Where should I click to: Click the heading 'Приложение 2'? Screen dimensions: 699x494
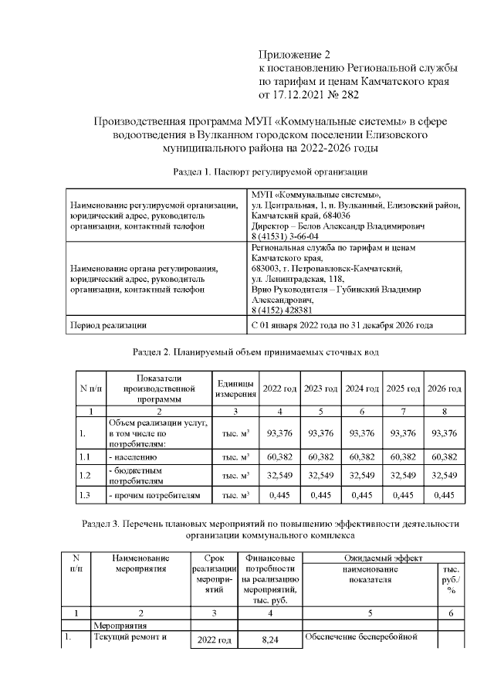[293, 55]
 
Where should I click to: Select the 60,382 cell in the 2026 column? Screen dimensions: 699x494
[444, 457]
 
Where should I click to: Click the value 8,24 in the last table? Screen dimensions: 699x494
[269, 640]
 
